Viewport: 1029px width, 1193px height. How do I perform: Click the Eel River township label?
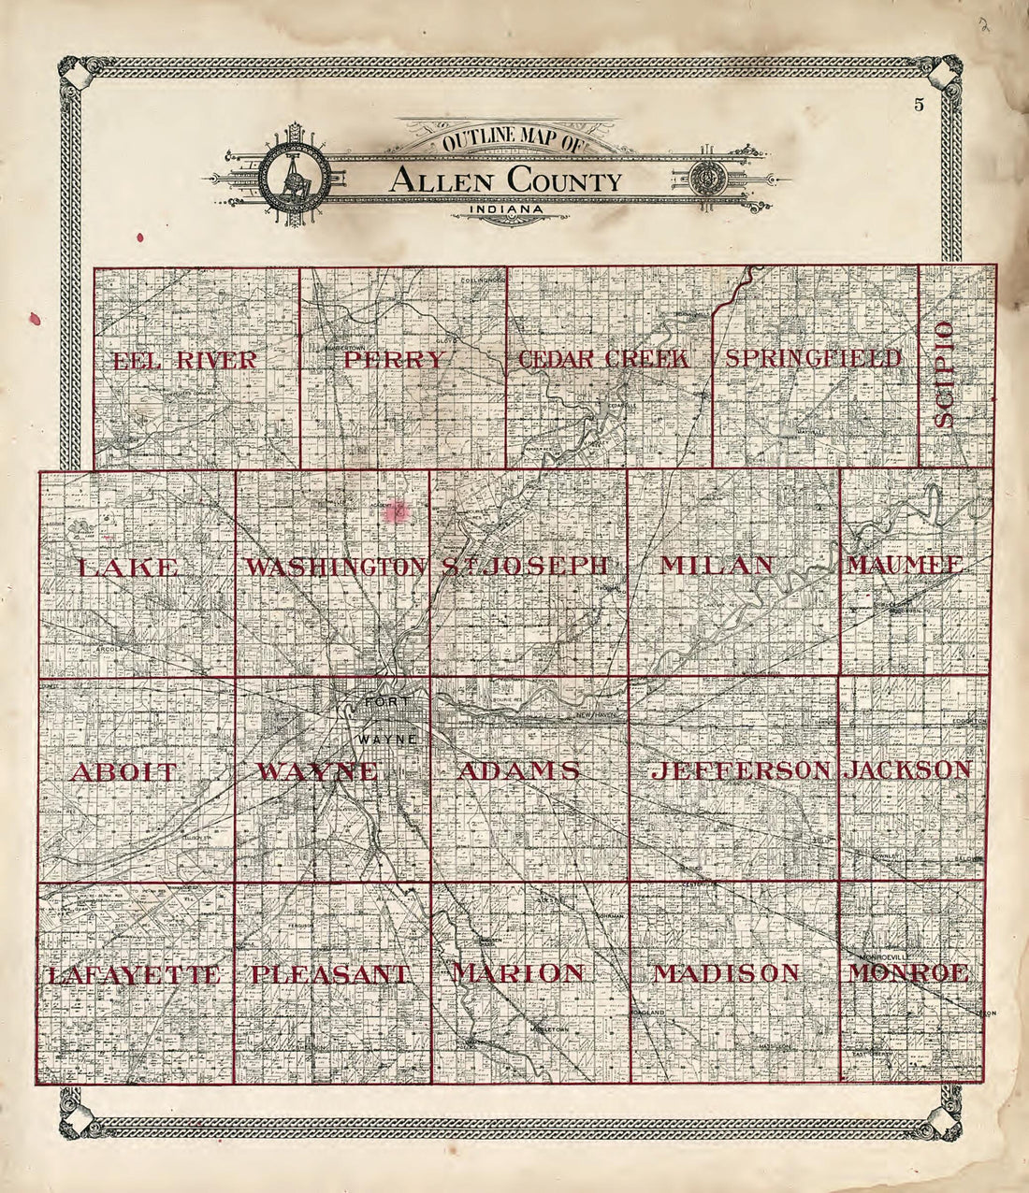point(184,361)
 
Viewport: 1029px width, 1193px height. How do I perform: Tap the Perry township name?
point(394,360)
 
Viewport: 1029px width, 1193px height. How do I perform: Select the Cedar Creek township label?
point(604,359)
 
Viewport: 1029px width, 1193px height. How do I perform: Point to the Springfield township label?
point(814,358)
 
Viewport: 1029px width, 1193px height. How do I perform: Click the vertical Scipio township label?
point(944,374)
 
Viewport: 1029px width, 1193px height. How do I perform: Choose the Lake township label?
point(128,567)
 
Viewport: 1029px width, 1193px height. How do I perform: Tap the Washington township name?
point(334,567)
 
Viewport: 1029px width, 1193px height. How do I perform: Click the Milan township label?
point(717,565)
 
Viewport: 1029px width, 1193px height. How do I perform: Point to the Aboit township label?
point(123,772)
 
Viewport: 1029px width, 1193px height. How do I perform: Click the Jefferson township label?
point(742,770)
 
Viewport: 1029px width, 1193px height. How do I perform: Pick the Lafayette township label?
point(133,975)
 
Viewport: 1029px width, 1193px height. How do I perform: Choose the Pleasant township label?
point(330,974)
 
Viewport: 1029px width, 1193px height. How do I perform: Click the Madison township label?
point(726,973)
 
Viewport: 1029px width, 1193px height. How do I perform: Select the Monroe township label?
point(908,972)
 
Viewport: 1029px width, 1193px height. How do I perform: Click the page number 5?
point(920,104)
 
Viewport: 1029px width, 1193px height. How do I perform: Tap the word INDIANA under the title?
point(509,208)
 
